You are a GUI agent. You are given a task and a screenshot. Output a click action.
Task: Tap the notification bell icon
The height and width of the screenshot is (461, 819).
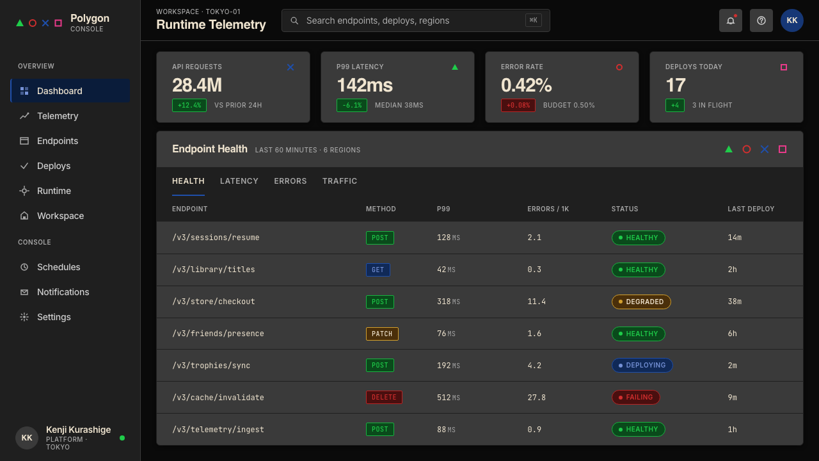tap(730, 20)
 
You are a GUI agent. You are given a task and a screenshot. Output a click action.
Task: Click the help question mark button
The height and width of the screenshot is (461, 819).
tap(761, 20)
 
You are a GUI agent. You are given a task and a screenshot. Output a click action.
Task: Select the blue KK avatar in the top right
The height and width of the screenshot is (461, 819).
tap(792, 20)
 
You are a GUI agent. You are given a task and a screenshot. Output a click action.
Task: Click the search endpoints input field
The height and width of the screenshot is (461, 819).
tap(416, 20)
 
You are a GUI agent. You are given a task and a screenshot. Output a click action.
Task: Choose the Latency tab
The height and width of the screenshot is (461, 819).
tap(239, 181)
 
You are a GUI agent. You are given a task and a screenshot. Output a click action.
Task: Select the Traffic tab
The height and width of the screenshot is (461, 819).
tap(340, 181)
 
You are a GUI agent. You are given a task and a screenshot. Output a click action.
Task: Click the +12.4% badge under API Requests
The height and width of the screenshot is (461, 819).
tap(189, 106)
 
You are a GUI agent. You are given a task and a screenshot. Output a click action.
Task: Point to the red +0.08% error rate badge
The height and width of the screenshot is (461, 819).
tap(518, 106)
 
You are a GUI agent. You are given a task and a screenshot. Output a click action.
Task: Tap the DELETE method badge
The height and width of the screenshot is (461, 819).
tap(384, 398)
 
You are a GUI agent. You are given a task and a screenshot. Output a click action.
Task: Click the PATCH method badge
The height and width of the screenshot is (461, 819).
tap(382, 334)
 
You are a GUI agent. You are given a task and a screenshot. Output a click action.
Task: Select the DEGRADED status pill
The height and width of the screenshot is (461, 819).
tap(641, 302)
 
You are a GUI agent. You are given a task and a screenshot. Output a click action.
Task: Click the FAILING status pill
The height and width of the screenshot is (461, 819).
tap(636, 398)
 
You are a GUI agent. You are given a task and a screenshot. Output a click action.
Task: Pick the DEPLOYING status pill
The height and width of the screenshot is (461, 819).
tap(642, 365)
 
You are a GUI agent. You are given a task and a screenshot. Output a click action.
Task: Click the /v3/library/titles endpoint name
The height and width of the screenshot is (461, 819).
tap(214, 270)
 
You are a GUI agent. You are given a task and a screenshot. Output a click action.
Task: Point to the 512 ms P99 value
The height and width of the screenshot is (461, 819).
tap(449, 398)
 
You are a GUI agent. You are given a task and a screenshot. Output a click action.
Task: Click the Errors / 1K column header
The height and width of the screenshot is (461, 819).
tap(548, 209)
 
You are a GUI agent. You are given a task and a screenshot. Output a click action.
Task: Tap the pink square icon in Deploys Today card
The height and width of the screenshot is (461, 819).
tap(784, 67)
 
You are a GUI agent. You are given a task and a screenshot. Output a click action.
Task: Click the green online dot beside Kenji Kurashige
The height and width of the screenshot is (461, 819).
tap(122, 438)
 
